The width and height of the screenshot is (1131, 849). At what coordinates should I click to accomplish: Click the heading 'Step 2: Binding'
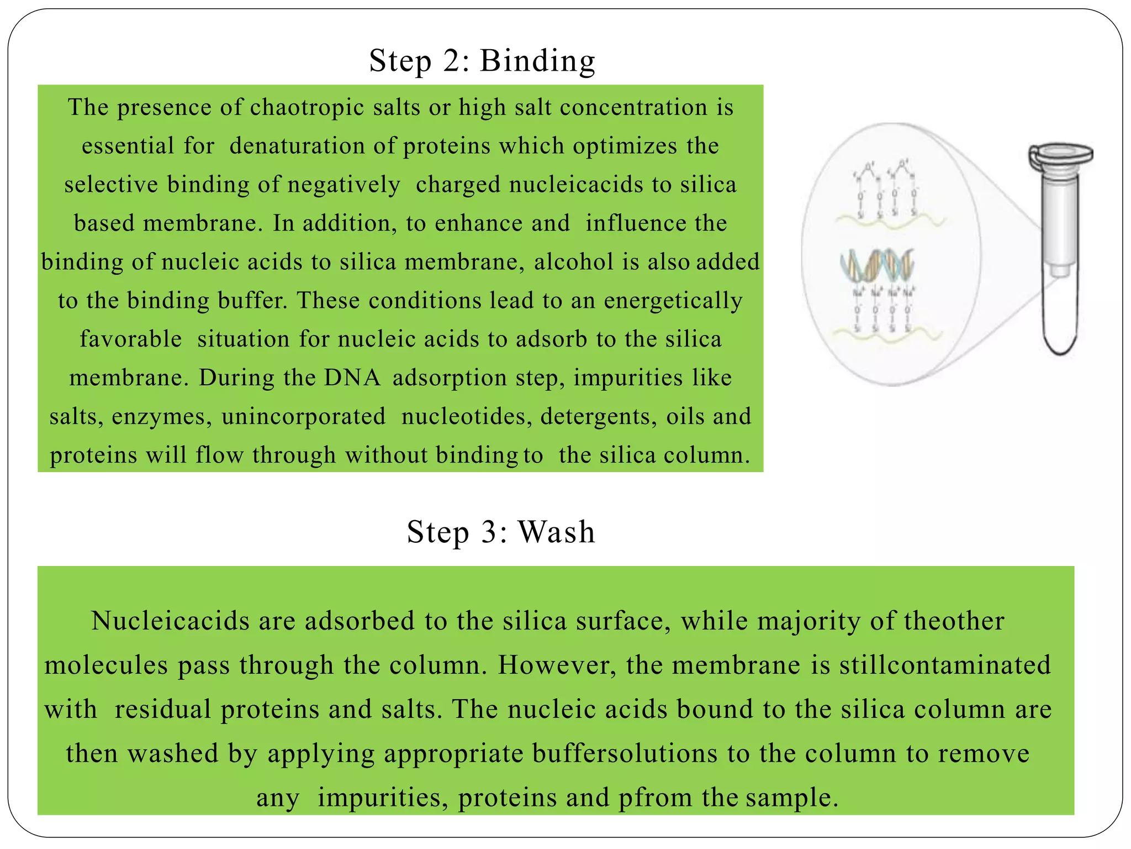point(482,60)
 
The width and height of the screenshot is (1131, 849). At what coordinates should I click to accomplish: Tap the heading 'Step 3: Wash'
point(501,532)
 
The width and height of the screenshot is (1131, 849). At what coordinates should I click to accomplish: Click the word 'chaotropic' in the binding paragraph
point(307,107)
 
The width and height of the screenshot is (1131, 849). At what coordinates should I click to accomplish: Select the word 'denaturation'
point(297,146)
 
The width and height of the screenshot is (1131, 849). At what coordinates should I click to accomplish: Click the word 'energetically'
point(673,301)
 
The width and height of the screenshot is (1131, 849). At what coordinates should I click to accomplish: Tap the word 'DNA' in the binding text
point(352,378)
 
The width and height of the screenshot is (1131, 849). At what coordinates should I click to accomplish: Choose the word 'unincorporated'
point(303,416)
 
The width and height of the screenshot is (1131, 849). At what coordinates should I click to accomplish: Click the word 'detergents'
point(599,416)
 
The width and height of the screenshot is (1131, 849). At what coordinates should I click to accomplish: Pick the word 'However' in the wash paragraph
point(557,665)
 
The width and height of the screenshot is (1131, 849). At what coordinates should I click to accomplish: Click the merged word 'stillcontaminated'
point(945,665)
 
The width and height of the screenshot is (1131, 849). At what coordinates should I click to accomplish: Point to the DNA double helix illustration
point(877,264)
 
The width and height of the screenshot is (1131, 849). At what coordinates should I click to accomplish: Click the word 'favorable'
point(131,339)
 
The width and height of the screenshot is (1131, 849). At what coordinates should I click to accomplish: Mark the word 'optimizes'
point(625,146)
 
